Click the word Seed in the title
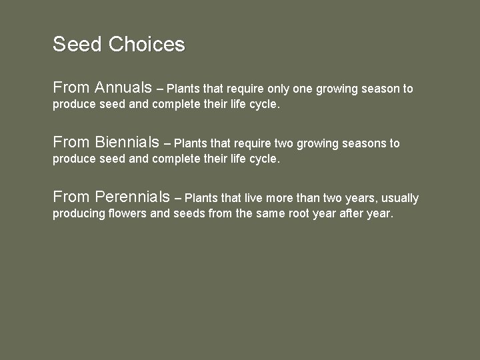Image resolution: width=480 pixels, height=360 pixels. click(77, 45)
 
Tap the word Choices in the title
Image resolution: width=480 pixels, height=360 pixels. click(146, 45)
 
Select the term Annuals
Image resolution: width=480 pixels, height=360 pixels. click(123, 87)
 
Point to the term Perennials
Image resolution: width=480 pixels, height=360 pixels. click(133, 197)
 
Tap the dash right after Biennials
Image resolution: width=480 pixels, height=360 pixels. click(167, 143)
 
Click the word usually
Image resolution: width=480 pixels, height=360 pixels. click(399, 198)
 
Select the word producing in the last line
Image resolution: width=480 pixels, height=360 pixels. click(77, 214)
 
